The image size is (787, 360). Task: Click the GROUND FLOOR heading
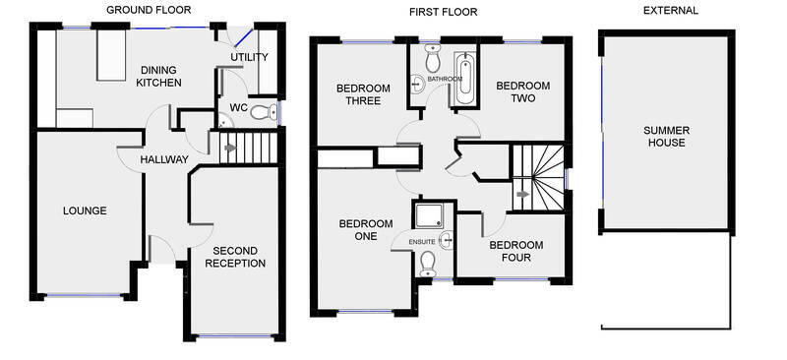(x=149, y=10)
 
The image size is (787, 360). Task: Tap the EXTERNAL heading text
(x=670, y=11)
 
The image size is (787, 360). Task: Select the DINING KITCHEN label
(x=158, y=77)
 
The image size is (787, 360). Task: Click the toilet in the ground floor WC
(x=261, y=112)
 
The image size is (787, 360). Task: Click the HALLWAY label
(x=163, y=159)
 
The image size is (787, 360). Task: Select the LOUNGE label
(x=85, y=210)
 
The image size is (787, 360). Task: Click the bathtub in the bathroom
(x=464, y=81)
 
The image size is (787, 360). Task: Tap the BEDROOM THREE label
(x=363, y=93)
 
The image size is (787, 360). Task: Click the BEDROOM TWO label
(x=522, y=92)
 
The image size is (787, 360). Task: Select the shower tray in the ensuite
(x=430, y=216)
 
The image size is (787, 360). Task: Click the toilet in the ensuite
(x=427, y=261)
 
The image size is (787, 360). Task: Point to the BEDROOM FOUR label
(x=516, y=251)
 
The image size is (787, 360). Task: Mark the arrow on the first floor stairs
(x=522, y=195)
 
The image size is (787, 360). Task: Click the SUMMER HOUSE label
(x=665, y=136)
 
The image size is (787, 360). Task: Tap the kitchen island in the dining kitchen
(x=107, y=58)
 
